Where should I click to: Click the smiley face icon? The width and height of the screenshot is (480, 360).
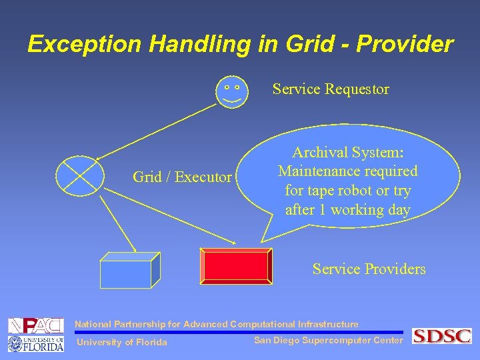click(x=231, y=91)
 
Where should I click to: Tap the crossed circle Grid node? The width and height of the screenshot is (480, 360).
click(x=80, y=177)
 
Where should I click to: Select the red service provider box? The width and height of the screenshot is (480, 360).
click(x=237, y=266)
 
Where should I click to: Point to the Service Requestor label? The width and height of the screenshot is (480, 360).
click(x=331, y=89)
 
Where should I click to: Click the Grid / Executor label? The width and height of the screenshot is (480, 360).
click(x=182, y=177)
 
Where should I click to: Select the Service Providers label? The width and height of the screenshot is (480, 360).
click(x=369, y=269)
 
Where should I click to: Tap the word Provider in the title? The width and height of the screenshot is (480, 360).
click(x=405, y=44)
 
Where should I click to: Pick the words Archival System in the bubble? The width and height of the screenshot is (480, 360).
click(x=347, y=153)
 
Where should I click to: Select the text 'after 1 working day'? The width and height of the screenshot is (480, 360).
click(x=347, y=209)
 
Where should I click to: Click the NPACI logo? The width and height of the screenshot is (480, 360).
click(x=35, y=325)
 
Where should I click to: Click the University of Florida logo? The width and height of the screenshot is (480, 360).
click(x=35, y=343)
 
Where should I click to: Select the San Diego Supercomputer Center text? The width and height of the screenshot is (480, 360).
click(x=329, y=341)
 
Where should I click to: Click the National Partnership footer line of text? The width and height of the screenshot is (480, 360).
click(x=216, y=325)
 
